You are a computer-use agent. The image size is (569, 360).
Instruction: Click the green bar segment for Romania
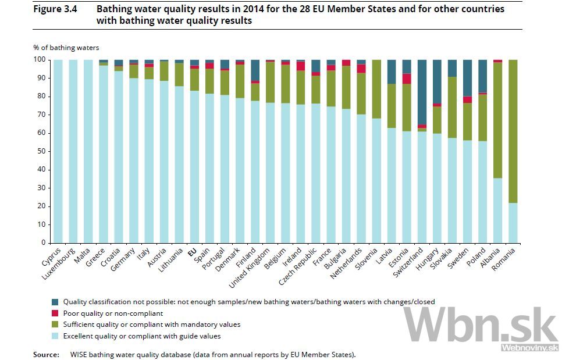(513, 131)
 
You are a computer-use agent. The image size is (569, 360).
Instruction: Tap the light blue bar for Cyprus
(58, 151)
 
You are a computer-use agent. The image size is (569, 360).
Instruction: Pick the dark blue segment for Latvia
(392, 72)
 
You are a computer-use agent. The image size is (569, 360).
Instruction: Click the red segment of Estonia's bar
(407, 79)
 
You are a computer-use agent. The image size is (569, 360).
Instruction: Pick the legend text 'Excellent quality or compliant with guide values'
(142, 336)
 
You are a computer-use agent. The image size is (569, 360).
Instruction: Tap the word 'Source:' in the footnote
(46, 354)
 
